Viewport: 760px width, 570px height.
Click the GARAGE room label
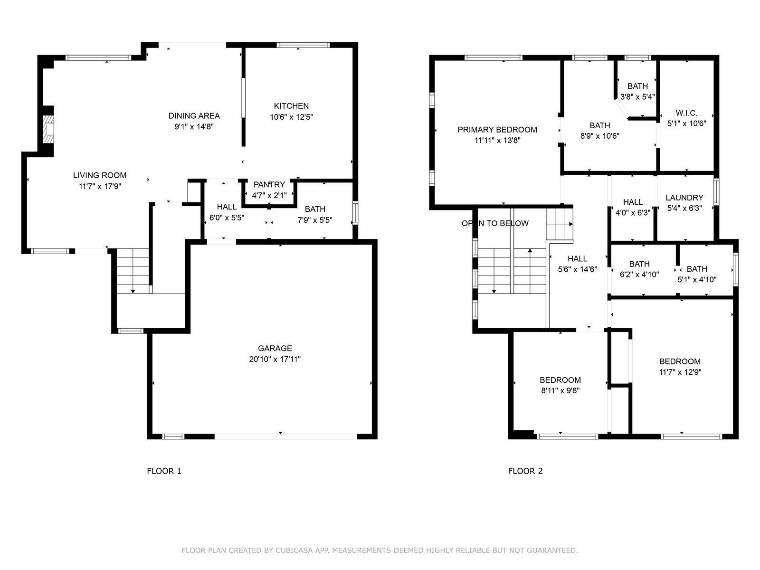(x=275, y=348)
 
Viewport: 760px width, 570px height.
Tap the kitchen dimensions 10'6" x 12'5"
(x=291, y=117)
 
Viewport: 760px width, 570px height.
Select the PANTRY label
(x=269, y=184)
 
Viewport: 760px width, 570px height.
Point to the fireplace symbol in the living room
(x=48, y=129)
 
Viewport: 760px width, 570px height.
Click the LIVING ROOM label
(x=100, y=175)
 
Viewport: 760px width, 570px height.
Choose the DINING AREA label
(x=194, y=115)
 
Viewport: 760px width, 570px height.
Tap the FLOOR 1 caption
(x=164, y=471)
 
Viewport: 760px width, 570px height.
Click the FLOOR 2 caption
(x=525, y=471)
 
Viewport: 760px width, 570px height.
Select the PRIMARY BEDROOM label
(x=497, y=130)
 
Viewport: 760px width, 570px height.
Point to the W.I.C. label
(x=686, y=113)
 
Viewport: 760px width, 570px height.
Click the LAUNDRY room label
(x=684, y=198)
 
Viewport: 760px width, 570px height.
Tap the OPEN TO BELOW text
(x=495, y=224)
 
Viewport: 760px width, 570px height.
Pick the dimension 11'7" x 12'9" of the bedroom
(x=680, y=372)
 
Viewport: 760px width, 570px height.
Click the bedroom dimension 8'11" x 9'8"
(x=560, y=391)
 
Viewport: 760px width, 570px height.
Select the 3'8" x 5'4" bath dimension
(x=637, y=97)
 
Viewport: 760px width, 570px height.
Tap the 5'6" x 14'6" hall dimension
(x=577, y=269)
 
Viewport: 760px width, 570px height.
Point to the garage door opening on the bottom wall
(x=285, y=437)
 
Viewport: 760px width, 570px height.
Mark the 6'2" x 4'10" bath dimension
(x=639, y=275)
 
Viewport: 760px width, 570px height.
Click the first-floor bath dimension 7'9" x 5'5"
(x=315, y=220)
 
